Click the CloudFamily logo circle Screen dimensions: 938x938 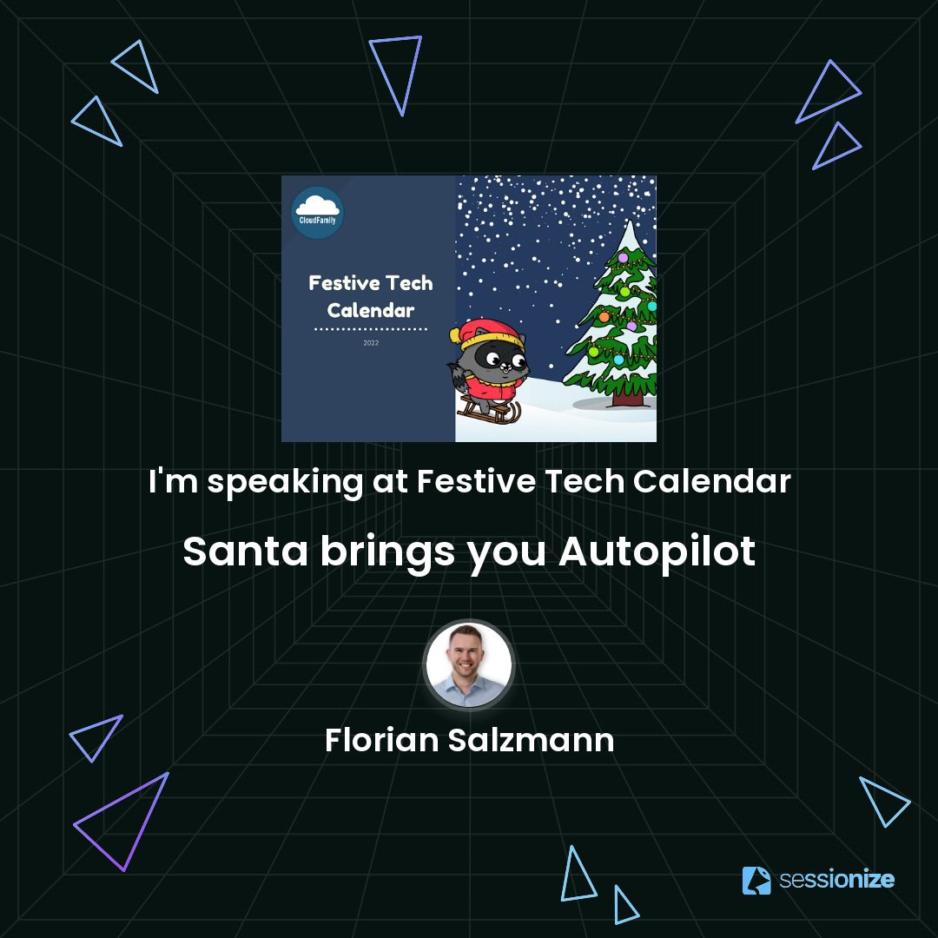317,212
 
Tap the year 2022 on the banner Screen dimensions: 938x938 371,343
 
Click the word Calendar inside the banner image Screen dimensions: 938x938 371,310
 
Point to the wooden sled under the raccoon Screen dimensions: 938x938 489,408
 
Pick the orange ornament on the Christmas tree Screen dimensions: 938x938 604,317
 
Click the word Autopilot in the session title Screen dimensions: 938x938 657,552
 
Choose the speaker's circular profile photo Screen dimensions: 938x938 469,664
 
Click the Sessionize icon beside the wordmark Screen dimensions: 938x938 756,880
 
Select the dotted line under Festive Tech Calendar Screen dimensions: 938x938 371,329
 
